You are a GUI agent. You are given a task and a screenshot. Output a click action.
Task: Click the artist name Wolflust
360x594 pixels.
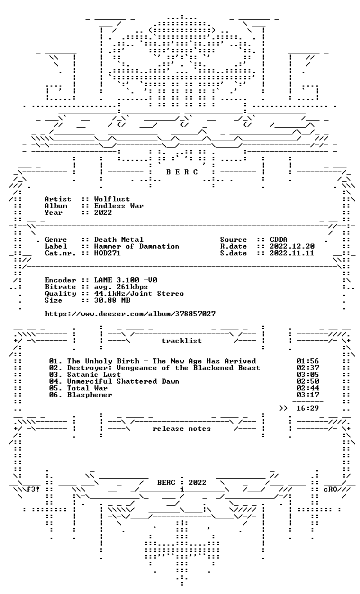click(x=112, y=199)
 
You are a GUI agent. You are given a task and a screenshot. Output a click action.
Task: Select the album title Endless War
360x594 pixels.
click(x=119, y=206)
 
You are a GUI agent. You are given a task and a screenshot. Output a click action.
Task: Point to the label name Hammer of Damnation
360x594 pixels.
click(x=137, y=246)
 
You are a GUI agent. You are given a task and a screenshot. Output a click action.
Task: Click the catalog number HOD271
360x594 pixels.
click(x=107, y=253)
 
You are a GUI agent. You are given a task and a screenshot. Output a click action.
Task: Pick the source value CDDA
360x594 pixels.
click(x=278, y=240)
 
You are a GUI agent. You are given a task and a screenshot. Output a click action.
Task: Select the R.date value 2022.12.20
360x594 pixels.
click(x=292, y=246)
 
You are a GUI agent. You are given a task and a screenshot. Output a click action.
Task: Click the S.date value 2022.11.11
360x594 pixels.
click(x=292, y=253)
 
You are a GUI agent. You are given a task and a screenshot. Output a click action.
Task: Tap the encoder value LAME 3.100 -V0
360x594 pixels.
click(x=125, y=280)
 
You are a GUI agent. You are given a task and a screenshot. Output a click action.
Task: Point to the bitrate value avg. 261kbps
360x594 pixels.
click(x=121, y=287)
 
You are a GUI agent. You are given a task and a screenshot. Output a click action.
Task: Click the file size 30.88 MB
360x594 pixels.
click(x=112, y=300)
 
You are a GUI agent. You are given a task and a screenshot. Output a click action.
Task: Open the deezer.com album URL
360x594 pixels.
click(x=130, y=314)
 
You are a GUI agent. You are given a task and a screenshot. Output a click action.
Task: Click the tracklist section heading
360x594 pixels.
click(x=182, y=341)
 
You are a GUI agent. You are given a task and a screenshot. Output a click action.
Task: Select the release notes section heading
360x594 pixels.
click(x=182, y=429)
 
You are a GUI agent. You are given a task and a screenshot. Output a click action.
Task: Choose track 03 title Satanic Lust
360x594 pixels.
click(x=93, y=375)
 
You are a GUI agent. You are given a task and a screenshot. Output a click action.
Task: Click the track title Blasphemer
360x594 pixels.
click(x=89, y=395)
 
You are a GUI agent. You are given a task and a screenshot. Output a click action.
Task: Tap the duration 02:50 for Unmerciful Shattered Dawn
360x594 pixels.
click(x=308, y=381)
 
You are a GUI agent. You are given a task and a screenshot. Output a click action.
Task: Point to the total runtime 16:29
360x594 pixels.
click(x=308, y=408)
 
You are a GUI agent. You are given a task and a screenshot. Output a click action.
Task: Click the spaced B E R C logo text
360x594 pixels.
click(x=182, y=172)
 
